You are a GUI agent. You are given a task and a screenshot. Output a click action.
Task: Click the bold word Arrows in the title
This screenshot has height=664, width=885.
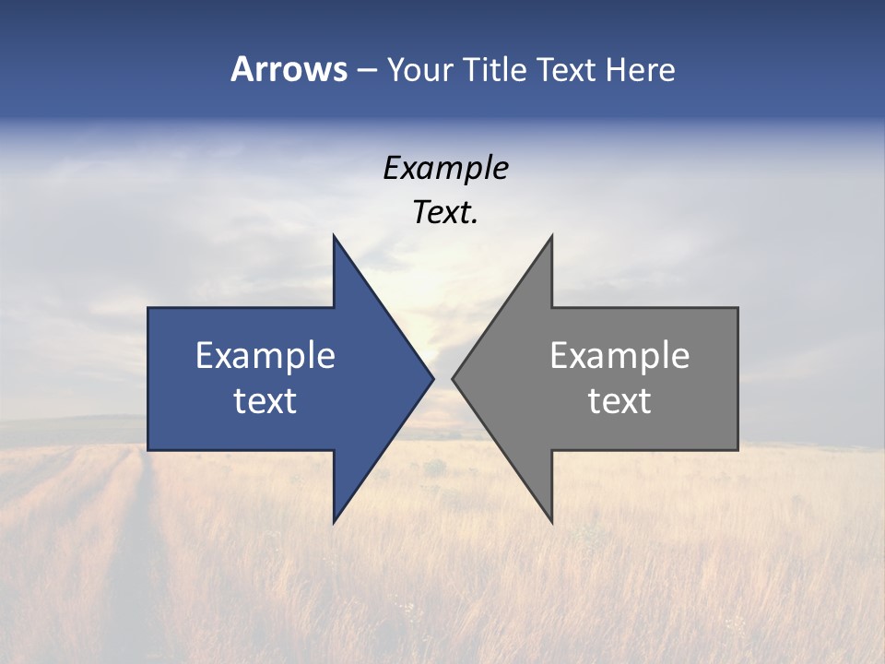pyautogui.click(x=289, y=69)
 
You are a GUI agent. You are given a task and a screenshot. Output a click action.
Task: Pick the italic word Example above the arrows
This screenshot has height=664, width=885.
pyautogui.click(x=445, y=168)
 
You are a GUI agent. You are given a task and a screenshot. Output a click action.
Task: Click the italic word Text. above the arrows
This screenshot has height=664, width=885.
pyautogui.click(x=443, y=212)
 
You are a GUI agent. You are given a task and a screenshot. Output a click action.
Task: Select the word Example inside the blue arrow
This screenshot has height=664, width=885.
pyautogui.click(x=265, y=355)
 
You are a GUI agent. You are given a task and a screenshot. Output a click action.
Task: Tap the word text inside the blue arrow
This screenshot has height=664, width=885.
pyautogui.click(x=265, y=400)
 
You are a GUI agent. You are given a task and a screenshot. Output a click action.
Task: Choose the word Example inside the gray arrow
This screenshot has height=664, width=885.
pyautogui.click(x=619, y=355)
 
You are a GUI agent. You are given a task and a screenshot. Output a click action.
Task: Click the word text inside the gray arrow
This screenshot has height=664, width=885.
pyautogui.click(x=619, y=400)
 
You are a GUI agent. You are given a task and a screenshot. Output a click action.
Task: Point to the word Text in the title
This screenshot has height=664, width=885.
pyautogui.click(x=567, y=70)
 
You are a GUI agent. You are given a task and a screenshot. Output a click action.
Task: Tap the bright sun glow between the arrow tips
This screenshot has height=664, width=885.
pyautogui.click(x=442, y=323)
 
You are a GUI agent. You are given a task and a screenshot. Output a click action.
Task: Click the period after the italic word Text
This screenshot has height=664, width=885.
pyautogui.click(x=475, y=221)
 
